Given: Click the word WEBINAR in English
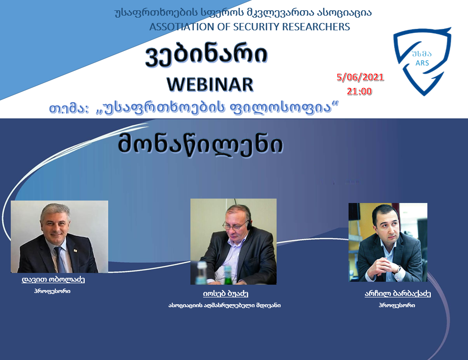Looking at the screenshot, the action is pos(210,85).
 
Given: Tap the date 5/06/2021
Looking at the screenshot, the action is pos(360,77).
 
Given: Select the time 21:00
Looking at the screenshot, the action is pos(359,91).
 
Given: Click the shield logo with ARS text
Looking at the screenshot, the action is pos(422,62).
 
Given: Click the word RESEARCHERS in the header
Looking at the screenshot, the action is pos(316,27).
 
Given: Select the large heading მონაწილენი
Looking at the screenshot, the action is pos(201,144).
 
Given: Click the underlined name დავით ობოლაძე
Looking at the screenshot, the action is pos(53,279).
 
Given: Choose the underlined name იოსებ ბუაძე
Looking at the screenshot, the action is pos(226,293).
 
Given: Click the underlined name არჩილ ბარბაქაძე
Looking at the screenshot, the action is pos(398,293).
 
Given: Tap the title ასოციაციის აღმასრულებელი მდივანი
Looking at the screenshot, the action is pos(224,305).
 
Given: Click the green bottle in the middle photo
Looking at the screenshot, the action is pos(228,275).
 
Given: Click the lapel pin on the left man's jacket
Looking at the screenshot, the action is pos(75,250).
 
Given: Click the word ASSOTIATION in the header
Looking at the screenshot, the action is pos(182,27).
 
